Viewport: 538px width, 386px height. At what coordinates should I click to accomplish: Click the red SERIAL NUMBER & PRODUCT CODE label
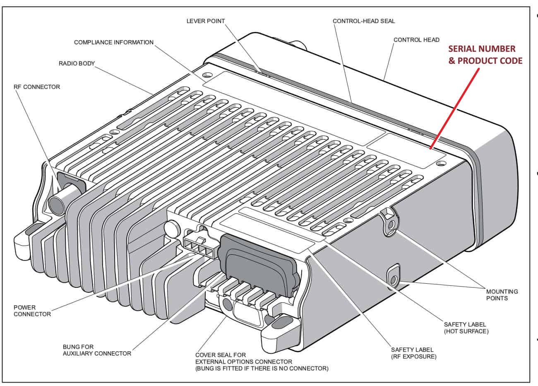[x=485, y=55]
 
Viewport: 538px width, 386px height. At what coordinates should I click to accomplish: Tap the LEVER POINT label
[x=205, y=21]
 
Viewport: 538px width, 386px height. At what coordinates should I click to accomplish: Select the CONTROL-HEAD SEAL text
[x=364, y=21]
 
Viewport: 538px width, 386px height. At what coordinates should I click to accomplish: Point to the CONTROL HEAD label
[x=416, y=40]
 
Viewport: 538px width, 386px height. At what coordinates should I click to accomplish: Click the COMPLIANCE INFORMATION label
[x=113, y=42]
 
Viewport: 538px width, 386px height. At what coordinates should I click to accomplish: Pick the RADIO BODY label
[x=77, y=64]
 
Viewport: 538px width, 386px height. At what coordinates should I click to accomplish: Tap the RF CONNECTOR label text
[x=37, y=87]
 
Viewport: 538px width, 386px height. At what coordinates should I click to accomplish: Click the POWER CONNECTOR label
[x=32, y=311]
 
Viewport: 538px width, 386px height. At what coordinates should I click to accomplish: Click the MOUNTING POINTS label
[x=502, y=295]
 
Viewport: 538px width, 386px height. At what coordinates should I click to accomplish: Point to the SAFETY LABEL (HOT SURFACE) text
[x=466, y=328]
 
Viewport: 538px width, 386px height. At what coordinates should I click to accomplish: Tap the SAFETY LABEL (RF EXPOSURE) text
[x=413, y=353]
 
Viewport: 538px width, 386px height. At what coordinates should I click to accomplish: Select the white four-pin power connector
[x=198, y=247]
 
